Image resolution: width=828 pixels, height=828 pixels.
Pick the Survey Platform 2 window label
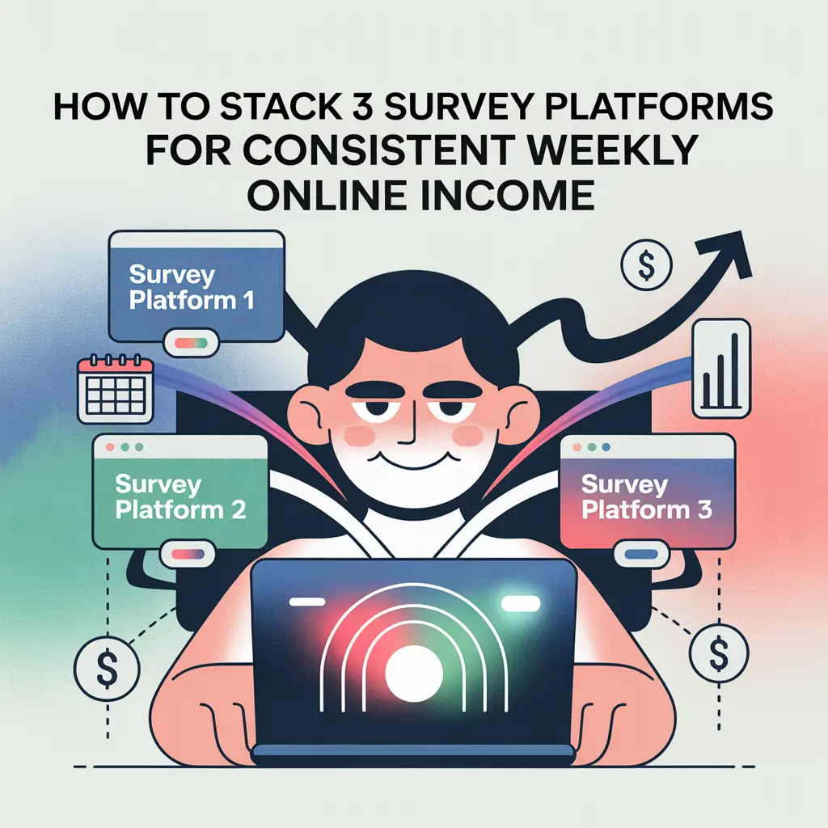click(x=180, y=496)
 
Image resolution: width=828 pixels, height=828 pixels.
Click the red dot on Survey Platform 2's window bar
click(x=108, y=446)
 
